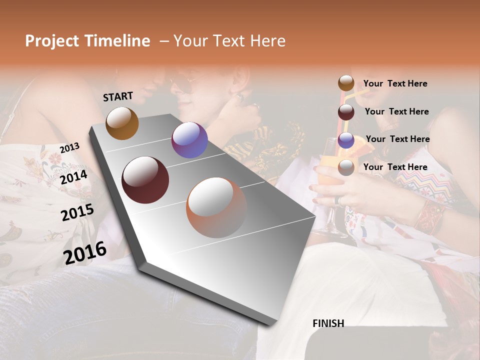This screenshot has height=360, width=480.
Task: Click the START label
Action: tap(118, 96)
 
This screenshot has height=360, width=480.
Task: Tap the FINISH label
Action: tap(328, 323)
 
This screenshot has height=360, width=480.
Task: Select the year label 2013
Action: tap(69, 148)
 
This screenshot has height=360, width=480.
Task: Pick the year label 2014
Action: tap(73, 177)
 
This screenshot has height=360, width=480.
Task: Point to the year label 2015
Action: tap(77, 212)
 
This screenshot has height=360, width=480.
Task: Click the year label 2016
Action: tap(85, 252)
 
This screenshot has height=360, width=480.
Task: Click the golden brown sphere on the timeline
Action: tap(122, 123)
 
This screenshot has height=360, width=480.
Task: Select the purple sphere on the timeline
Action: tap(189, 140)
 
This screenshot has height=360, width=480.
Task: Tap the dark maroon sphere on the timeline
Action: tap(145, 180)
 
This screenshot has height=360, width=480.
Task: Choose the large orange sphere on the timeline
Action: tap(216, 207)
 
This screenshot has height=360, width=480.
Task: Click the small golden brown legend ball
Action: tap(346, 83)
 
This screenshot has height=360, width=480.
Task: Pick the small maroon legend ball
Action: tap(346, 112)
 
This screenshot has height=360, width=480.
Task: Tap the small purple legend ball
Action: tap(346, 140)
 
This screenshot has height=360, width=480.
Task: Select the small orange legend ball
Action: tap(346, 167)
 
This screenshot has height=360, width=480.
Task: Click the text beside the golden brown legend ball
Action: tap(395, 83)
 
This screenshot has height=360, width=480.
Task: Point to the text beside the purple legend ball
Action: tap(397, 139)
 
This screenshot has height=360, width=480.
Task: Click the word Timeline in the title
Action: tap(118, 41)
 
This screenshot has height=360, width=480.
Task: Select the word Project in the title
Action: tap(53, 41)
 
